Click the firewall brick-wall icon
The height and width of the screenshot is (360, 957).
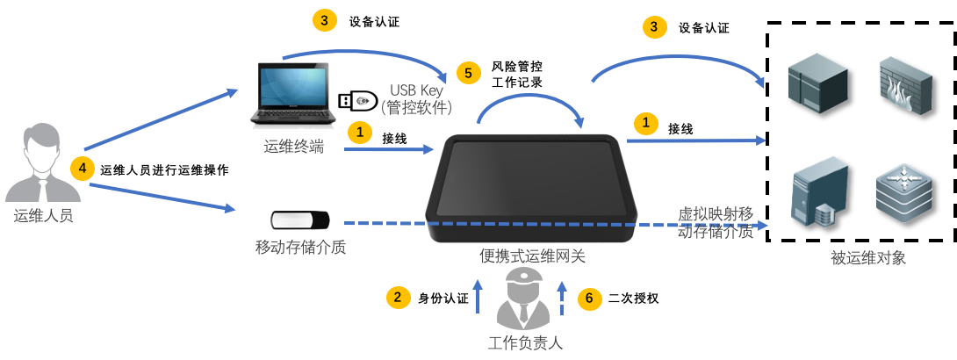pyautogui.click(x=905, y=83)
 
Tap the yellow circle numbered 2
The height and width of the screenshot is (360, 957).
pyautogui.click(x=399, y=297)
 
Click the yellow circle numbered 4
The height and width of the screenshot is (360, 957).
pyautogui.click(x=82, y=167)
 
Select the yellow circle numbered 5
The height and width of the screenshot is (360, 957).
pyautogui.click(x=468, y=73)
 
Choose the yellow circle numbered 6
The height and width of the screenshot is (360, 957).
pyautogui.click(x=589, y=299)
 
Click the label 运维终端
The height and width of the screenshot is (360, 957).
pyautogui.click(x=293, y=146)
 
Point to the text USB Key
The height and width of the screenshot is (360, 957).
pyautogui.click(x=418, y=90)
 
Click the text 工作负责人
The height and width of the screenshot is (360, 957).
pyautogui.click(x=524, y=342)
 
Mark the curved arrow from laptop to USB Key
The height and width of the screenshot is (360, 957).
pyautogui.click(x=369, y=54)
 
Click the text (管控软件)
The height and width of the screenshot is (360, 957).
pyautogui.click(x=417, y=108)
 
